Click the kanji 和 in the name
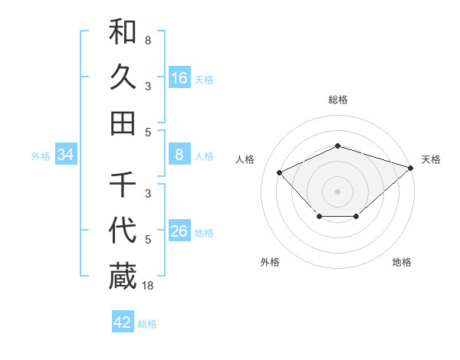(123, 31)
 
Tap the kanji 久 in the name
(123, 77)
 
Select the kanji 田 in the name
(123, 123)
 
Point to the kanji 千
(123, 185)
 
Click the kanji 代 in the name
(123, 231)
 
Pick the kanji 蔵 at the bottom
(123, 277)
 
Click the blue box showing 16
(179, 78)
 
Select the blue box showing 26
(179, 232)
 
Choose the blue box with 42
(123, 322)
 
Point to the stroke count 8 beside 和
(147, 40)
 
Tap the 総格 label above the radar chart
(338, 100)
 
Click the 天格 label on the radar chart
(431, 159)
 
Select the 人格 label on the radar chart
(245, 159)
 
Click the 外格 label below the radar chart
(270, 263)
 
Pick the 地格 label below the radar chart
(402, 263)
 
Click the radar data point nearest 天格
(411, 168)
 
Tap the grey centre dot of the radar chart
(338, 191)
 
